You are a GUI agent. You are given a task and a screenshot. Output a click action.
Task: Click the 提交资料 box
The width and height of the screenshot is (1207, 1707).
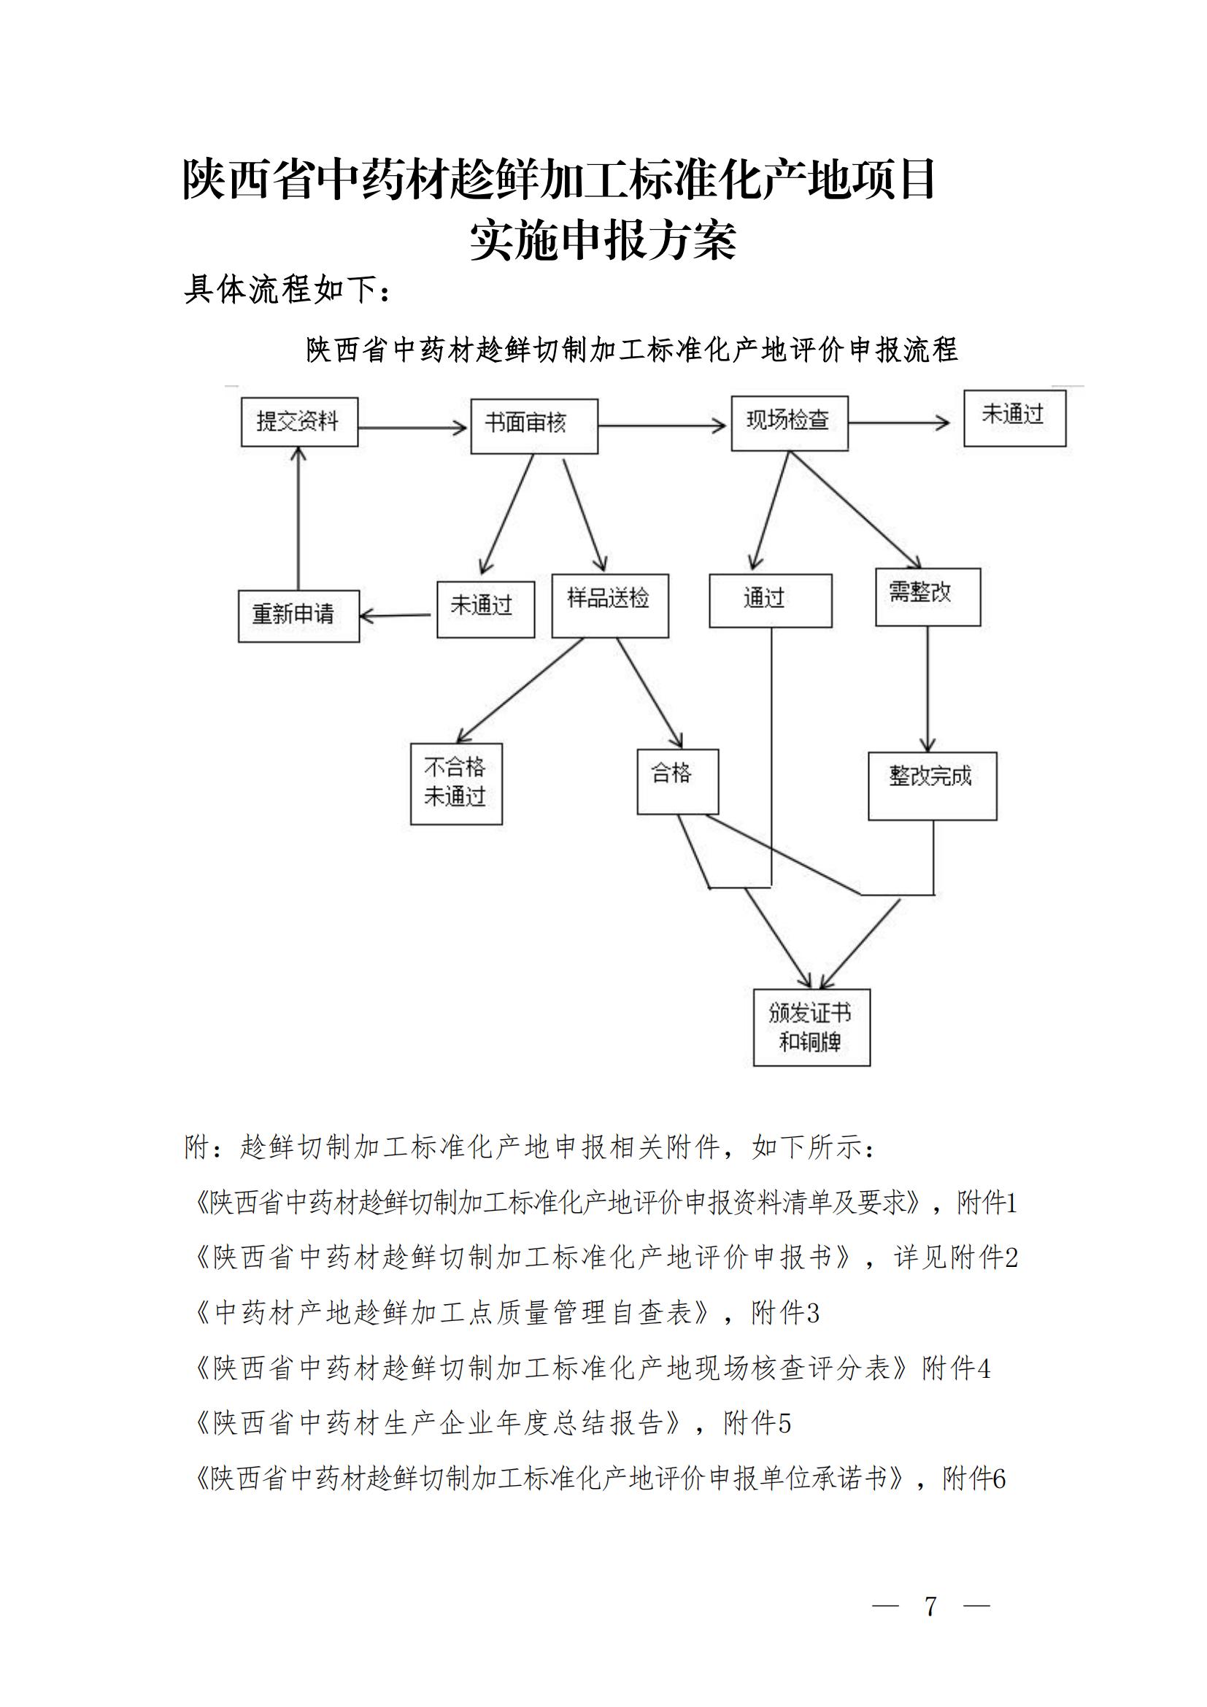coord(299,422)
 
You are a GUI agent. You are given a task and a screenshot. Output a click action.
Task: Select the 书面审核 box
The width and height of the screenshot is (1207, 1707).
coord(533,426)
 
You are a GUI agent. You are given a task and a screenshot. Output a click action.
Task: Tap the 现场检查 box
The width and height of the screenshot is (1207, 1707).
coord(790,423)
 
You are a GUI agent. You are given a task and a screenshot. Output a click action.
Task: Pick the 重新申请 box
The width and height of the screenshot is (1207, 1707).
coord(298,616)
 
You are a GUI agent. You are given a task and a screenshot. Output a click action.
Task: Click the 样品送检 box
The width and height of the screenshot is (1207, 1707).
coord(609,605)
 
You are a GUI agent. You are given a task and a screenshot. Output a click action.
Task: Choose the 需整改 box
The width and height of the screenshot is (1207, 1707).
coord(928,597)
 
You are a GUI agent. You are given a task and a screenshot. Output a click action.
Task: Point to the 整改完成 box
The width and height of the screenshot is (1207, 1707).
coord(932,786)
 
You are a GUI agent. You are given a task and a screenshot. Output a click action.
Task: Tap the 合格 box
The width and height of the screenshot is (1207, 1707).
coord(678,782)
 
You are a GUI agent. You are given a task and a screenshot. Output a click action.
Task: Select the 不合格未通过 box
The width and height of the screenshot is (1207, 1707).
coord(456,784)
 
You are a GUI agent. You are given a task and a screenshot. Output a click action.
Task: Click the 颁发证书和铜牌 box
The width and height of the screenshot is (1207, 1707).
coord(811,1028)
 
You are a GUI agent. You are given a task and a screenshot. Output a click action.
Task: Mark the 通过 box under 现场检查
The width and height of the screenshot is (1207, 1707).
coord(770,601)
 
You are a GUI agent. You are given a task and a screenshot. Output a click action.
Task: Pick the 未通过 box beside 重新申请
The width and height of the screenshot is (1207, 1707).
coord(485,609)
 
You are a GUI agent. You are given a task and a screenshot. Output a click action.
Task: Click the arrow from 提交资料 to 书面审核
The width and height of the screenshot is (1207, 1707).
coord(412,428)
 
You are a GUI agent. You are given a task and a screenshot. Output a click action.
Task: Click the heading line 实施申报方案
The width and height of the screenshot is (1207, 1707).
coord(603,240)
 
